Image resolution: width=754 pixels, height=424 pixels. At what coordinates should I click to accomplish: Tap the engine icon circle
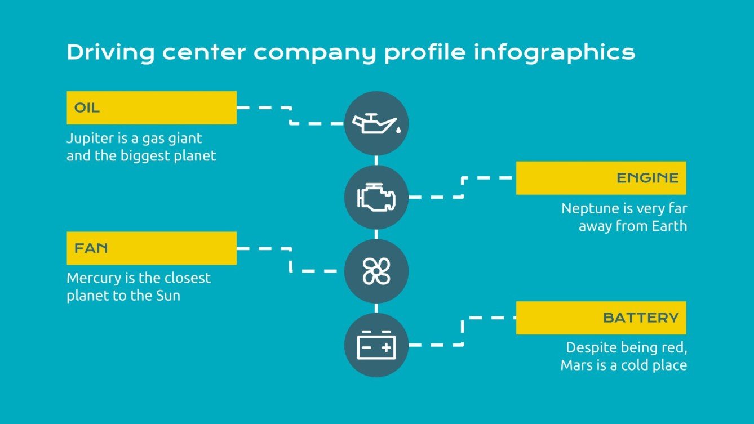pos(376,197)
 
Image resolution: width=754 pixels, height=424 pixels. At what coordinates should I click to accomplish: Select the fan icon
pos(376,271)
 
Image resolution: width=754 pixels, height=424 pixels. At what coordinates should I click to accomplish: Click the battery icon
pos(376,345)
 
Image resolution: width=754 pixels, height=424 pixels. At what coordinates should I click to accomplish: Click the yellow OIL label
pos(151,108)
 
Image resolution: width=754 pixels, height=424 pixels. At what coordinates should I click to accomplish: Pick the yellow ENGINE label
pos(601,178)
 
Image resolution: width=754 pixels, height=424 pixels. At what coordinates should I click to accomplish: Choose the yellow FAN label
pos(151,248)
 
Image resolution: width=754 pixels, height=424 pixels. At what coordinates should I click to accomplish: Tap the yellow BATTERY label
pos(601,318)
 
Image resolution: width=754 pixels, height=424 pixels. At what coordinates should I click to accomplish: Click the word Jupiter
pos(87,139)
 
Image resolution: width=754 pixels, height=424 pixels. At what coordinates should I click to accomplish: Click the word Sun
pos(167,296)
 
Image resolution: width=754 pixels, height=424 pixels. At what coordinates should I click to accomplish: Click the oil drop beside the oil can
pos(398,130)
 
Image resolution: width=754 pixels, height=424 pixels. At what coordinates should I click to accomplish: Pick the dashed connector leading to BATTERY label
pos(463,332)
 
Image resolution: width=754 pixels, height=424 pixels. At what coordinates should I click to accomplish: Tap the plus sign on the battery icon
pos(386,348)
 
